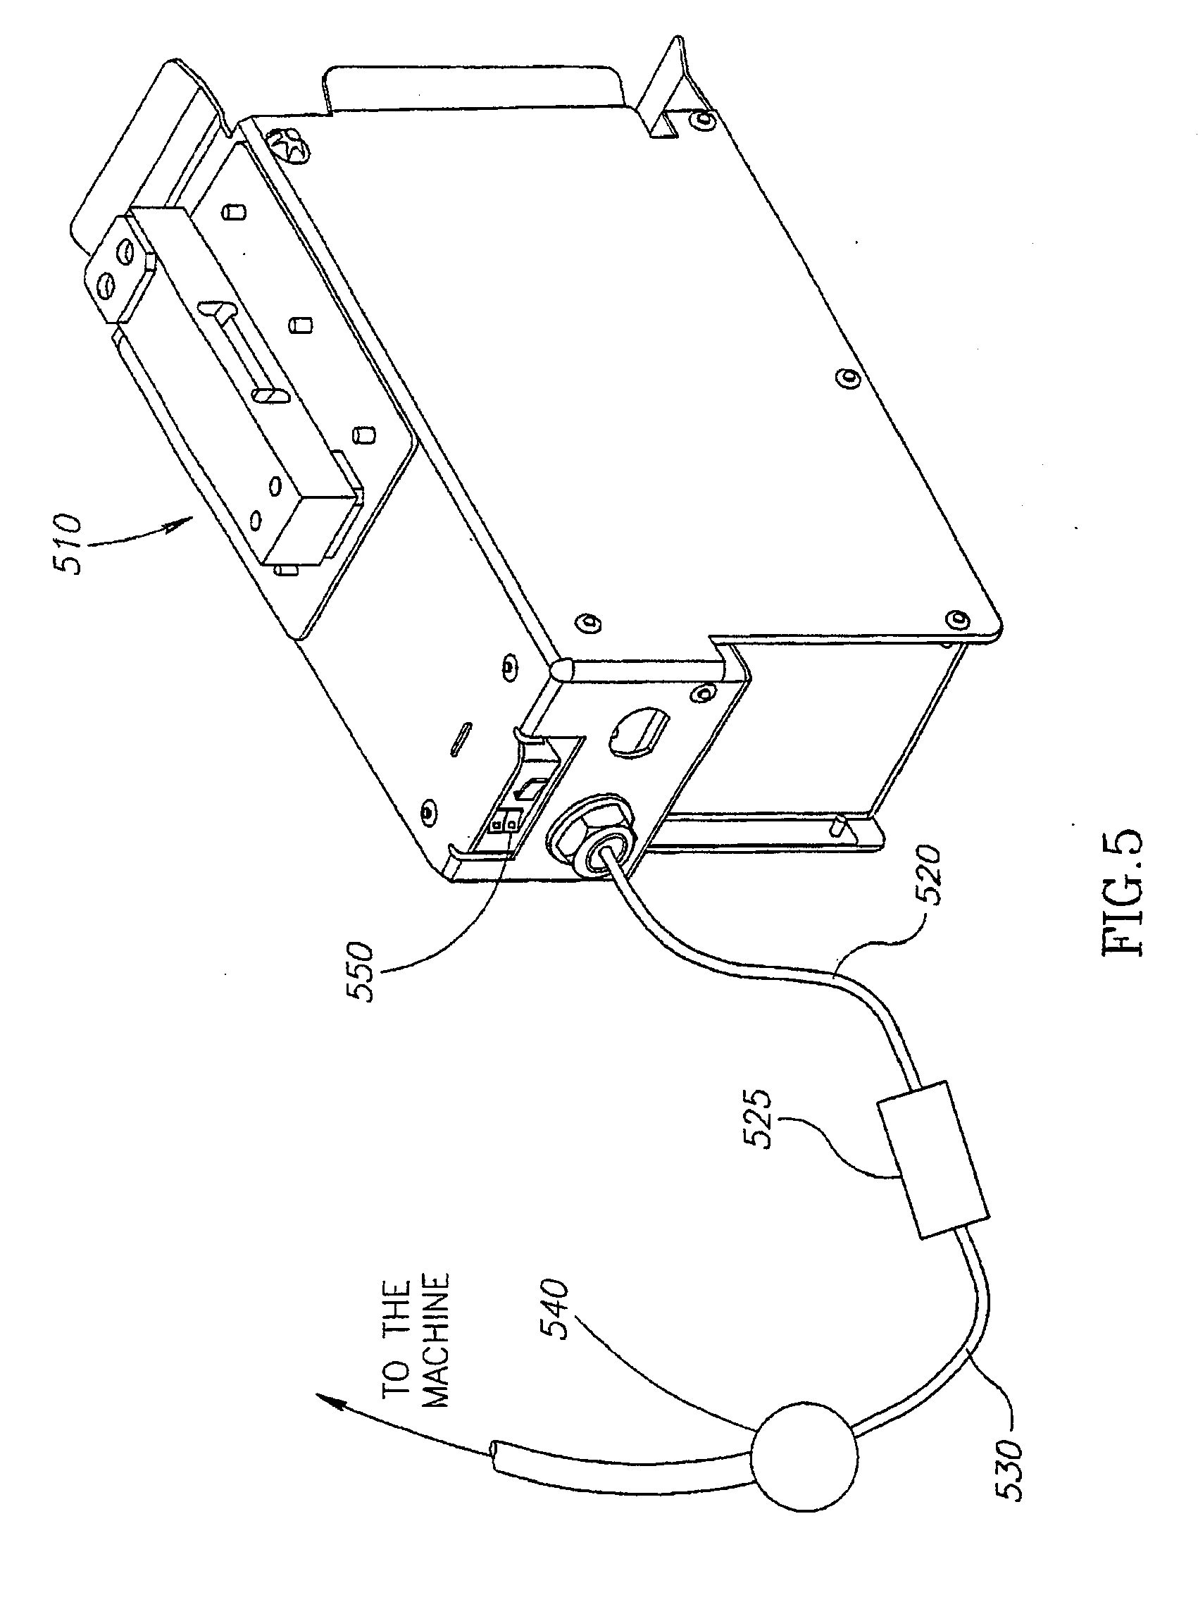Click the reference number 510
pos(70,543)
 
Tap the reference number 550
pos(361,971)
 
